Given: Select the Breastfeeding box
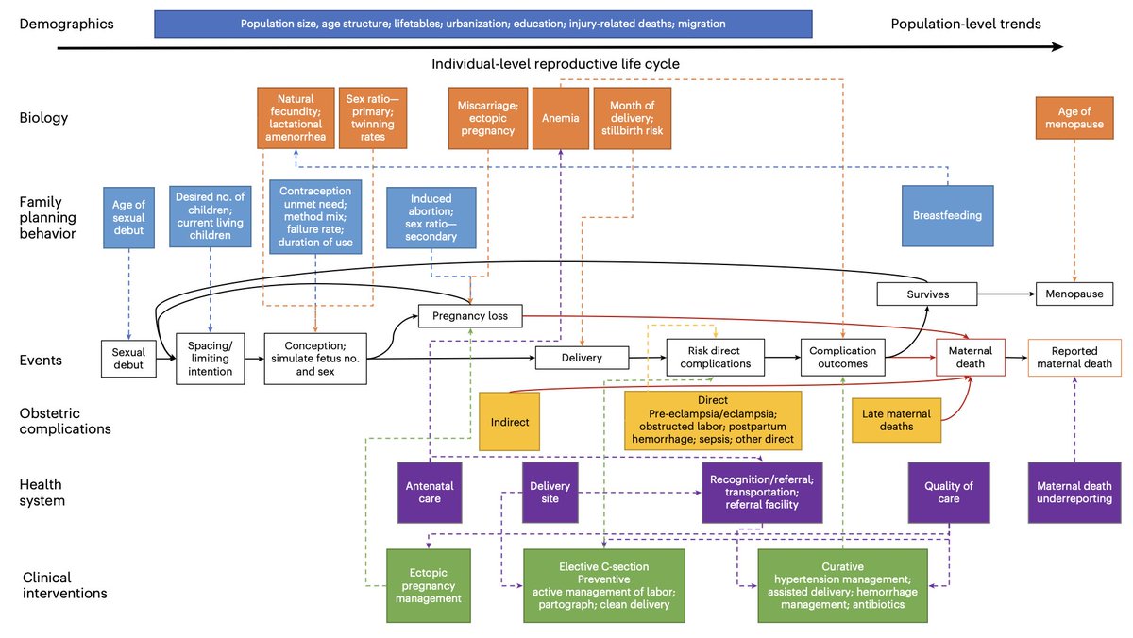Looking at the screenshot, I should pos(947,215).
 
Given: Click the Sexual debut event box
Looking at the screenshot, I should pos(128,360).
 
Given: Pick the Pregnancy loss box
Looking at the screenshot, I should pos(470,316).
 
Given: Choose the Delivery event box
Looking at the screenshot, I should pos(582,357).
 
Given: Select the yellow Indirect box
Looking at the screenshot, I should pos(511,422).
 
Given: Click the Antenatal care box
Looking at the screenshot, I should pos(430,492).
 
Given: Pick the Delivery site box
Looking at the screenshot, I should pos(550,492).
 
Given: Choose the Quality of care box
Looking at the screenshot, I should pos(948,492).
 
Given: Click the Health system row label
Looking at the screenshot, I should pos(42,492).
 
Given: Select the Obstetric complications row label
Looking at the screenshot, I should pos(64,421).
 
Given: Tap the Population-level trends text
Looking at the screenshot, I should pos(966,24).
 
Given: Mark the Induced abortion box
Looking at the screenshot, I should pos(431,218).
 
